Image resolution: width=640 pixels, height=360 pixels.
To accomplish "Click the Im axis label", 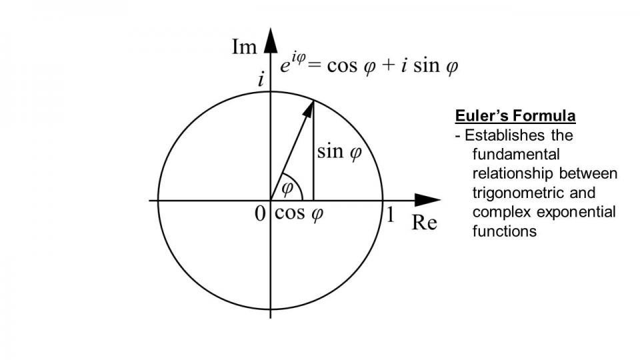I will coord(244,47).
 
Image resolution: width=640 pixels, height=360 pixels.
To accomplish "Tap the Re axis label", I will coord(424,222).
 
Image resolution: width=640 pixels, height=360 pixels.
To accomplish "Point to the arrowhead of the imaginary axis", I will coord(270,40).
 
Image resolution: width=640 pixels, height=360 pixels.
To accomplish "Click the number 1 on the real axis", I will coord(391,215).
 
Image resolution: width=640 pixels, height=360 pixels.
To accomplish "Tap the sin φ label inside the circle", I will coord(339,152).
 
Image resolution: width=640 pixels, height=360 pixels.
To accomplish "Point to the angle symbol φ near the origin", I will coord(287,187).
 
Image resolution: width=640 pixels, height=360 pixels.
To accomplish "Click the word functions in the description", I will coord(504,232).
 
